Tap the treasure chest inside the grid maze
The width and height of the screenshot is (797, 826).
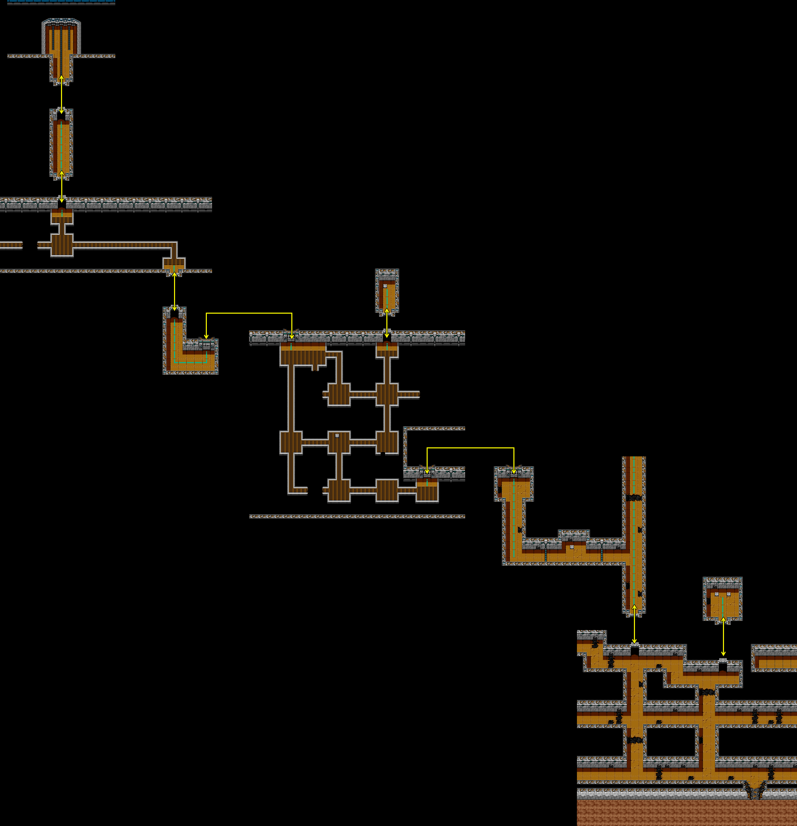point(337,435)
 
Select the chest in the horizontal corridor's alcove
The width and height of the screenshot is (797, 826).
point(572,547)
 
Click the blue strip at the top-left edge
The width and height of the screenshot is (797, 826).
point(61,2)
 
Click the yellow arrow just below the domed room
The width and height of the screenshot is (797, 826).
point(62,94)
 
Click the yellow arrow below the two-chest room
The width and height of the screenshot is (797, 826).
point(723,636)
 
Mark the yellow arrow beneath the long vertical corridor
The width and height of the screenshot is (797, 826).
point(634,624)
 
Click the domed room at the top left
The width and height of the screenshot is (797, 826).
point(61,38)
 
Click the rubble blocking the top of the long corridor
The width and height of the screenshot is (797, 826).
point(634,498)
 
